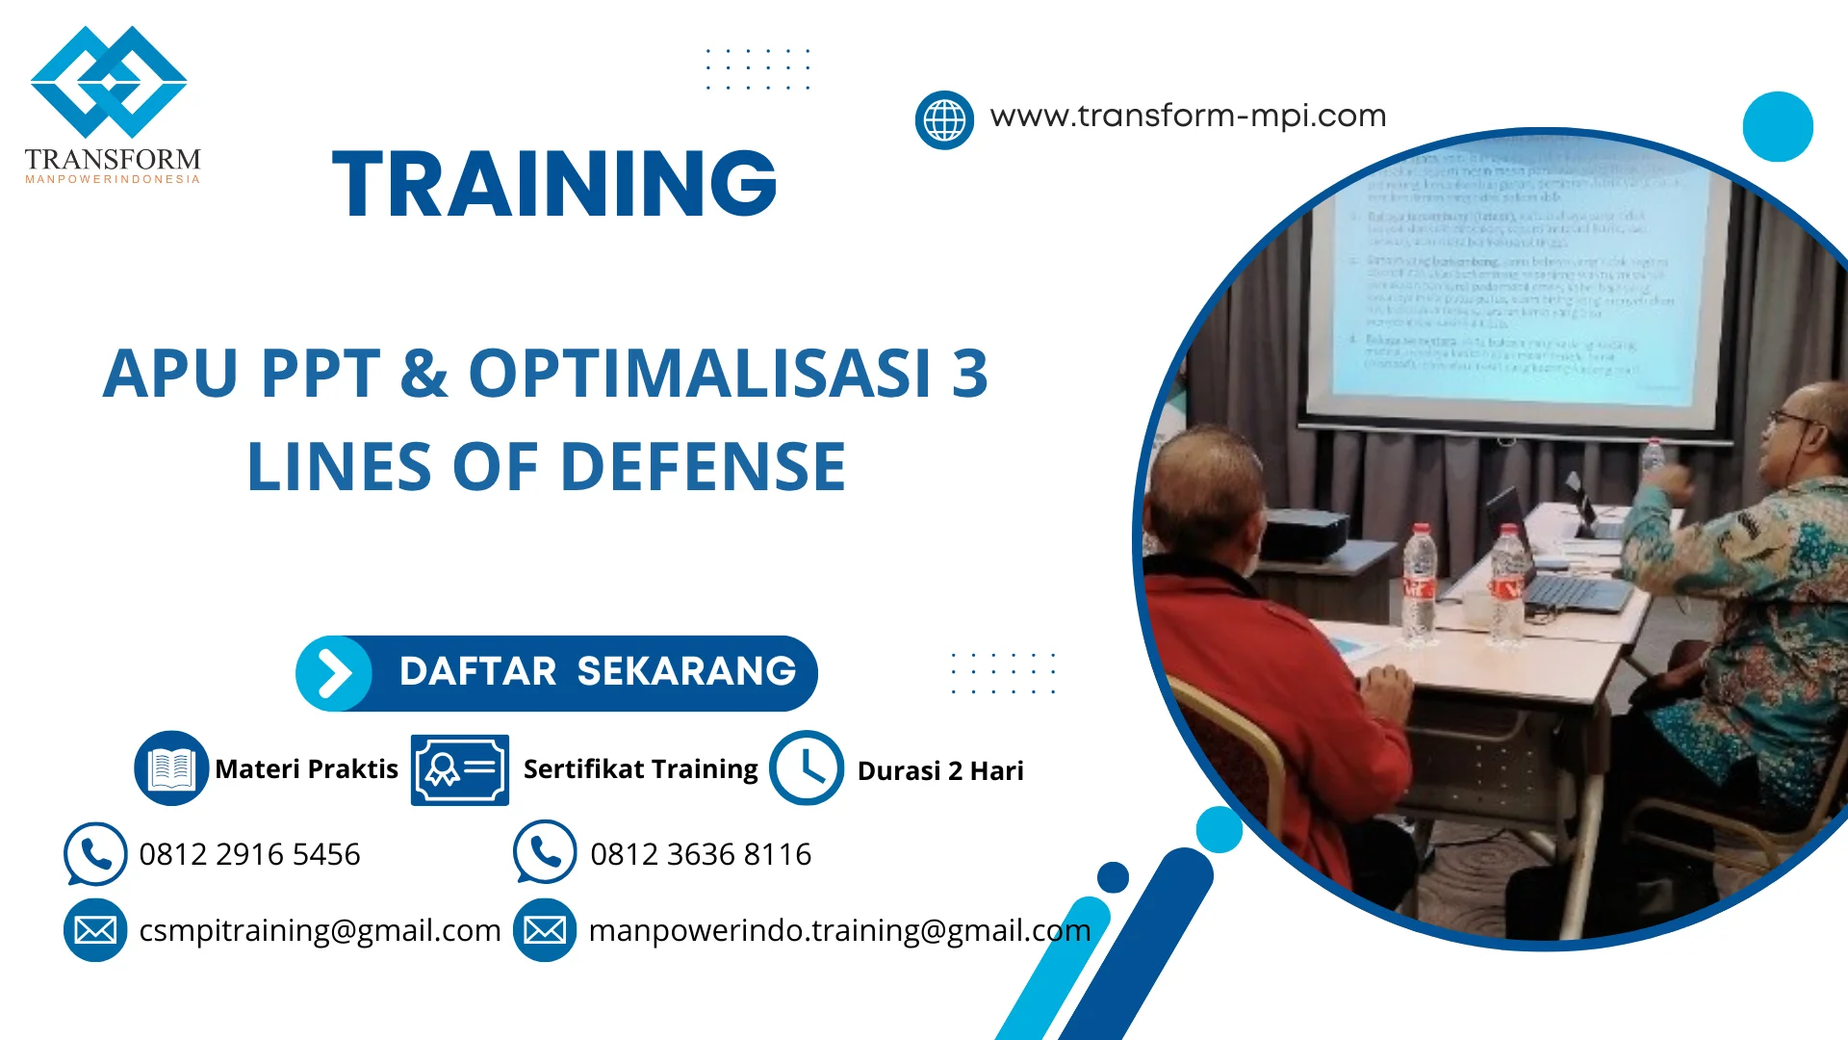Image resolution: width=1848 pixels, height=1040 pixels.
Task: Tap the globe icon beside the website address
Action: coord(944,120)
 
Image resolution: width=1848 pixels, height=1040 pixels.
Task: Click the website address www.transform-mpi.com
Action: coord(1188,117)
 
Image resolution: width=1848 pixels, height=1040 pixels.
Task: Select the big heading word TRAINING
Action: coord(554,183)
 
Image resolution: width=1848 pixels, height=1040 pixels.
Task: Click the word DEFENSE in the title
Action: coord(703,467)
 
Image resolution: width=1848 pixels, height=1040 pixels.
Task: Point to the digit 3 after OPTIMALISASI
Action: coord(969,374)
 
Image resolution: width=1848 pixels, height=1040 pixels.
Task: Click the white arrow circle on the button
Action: coord(334,673)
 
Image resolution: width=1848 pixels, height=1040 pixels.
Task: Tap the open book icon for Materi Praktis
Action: coord(171,768)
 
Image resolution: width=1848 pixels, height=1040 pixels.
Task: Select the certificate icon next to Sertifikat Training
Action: coord(460,769)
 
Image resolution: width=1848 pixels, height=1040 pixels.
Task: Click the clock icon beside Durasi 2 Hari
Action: coord(807,768)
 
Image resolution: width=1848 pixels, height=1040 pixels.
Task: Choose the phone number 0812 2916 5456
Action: coord(249,854)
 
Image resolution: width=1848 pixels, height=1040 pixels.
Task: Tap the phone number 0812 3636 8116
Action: coord(701,854)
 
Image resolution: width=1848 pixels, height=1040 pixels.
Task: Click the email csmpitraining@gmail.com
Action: coord(320,930)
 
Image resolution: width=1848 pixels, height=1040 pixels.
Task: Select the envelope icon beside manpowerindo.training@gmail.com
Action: coord(545,930)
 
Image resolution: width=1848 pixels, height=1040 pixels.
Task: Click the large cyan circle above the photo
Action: coord(1778,126)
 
